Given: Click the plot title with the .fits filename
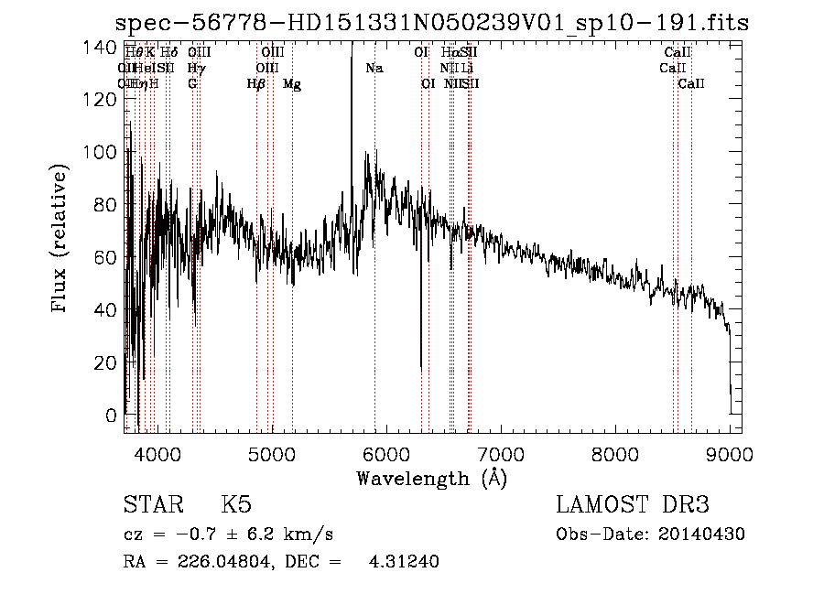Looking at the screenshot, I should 436,23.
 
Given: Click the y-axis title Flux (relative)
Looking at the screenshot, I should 61,239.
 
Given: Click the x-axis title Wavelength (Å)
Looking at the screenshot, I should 431,478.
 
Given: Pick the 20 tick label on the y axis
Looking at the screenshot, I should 105,362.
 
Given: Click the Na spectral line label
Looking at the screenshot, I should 374,69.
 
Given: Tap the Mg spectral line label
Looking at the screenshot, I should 292,84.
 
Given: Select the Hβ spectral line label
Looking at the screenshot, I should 256,84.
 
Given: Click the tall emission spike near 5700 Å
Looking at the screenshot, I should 352,92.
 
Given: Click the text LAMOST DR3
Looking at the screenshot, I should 632,505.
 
